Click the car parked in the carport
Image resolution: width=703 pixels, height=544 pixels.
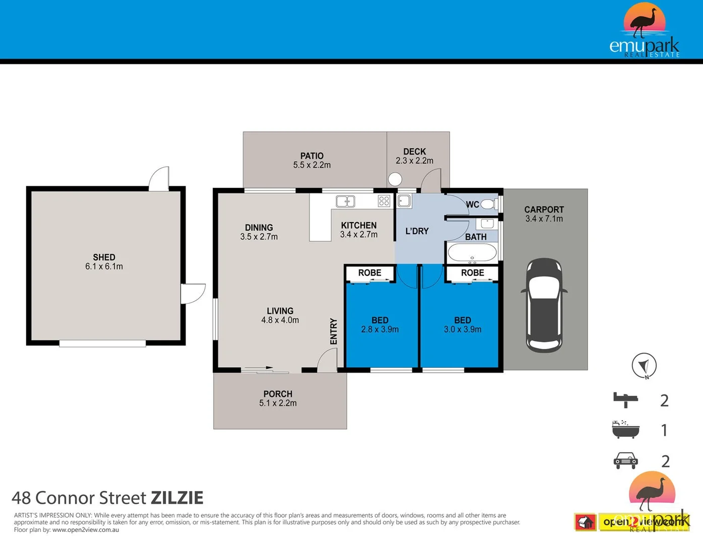544,306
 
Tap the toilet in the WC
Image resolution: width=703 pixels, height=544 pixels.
488,204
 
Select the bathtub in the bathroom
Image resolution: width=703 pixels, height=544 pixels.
472,252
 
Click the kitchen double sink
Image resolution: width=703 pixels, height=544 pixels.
345,201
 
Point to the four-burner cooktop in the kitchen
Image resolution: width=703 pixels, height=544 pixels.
384,201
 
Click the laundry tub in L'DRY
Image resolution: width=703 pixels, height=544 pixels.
404,201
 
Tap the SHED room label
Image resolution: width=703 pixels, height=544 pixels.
104,257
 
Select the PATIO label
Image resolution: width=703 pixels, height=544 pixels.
312,156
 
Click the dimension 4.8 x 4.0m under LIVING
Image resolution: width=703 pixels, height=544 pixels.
280,320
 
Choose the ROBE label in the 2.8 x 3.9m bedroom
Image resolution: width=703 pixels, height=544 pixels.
369,273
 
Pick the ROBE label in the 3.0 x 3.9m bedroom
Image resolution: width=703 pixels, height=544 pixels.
472,273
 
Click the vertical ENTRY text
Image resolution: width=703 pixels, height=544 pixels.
334,331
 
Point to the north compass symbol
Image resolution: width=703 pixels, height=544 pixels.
644,365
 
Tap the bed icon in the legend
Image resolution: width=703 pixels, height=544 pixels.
626,400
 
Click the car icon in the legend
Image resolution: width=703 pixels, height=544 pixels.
626,460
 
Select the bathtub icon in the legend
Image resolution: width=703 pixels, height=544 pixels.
626,430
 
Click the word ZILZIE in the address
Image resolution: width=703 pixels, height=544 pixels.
177,498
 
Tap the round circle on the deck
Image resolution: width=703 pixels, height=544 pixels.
395,179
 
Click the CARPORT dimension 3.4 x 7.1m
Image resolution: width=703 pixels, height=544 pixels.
544,219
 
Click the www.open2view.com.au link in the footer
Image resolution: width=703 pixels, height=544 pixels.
86,530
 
